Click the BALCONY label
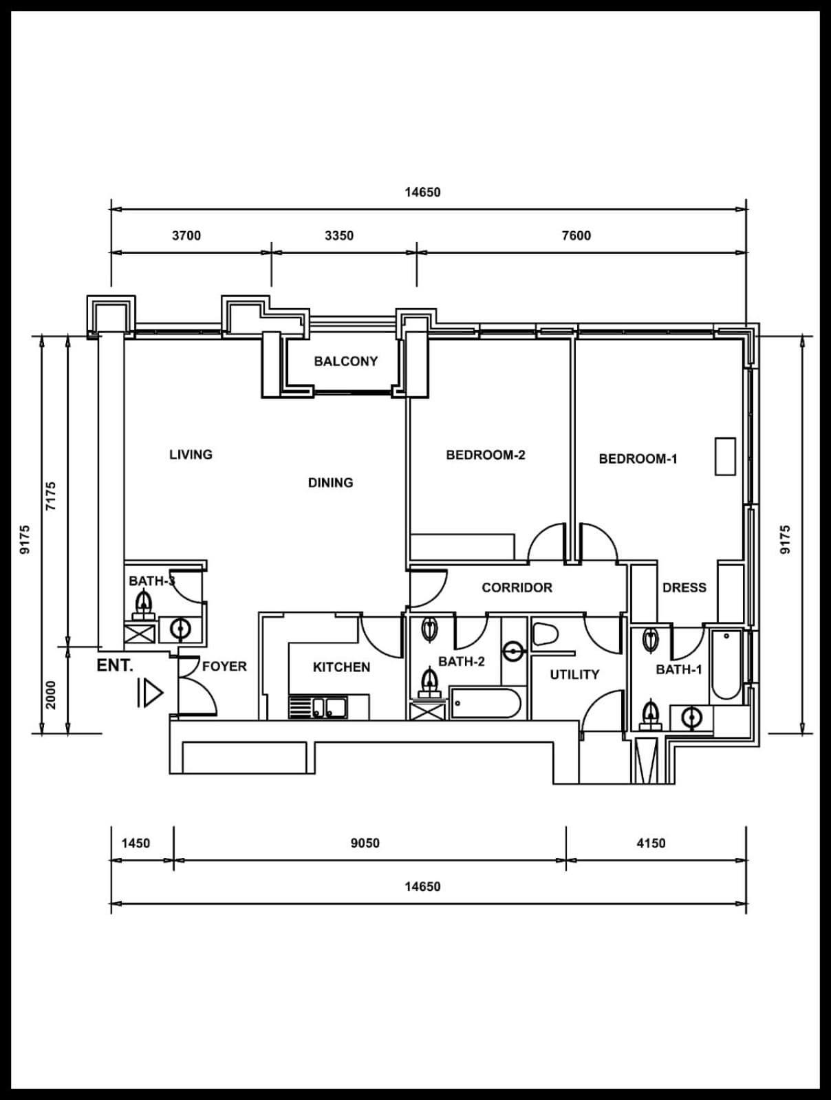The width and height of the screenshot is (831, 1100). point(345,361)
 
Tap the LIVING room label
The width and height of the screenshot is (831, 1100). point(191,454)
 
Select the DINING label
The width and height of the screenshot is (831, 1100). point(331,482)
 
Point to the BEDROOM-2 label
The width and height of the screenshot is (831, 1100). point(486,455)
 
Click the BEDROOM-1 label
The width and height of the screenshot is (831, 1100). point(638,458)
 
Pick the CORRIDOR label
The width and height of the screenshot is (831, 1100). point(517,587)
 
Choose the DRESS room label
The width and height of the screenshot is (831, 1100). point(684,587)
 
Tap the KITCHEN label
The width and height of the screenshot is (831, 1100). point(342,667)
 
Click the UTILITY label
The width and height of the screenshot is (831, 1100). point(574,675)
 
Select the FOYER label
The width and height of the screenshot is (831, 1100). point(224,666)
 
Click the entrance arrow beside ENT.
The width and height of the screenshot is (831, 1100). point(151,693)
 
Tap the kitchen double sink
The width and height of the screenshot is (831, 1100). point(318,707)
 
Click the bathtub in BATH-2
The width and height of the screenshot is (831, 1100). point(486,703)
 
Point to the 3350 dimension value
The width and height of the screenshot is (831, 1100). point(339,235)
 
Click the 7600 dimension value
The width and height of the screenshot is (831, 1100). point(576,235)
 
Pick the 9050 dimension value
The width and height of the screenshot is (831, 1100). point(365,843)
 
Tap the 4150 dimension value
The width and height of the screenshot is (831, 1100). point(651,843)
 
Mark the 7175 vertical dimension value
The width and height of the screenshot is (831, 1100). point(51,496)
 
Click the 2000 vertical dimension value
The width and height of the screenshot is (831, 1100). point(51,695)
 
